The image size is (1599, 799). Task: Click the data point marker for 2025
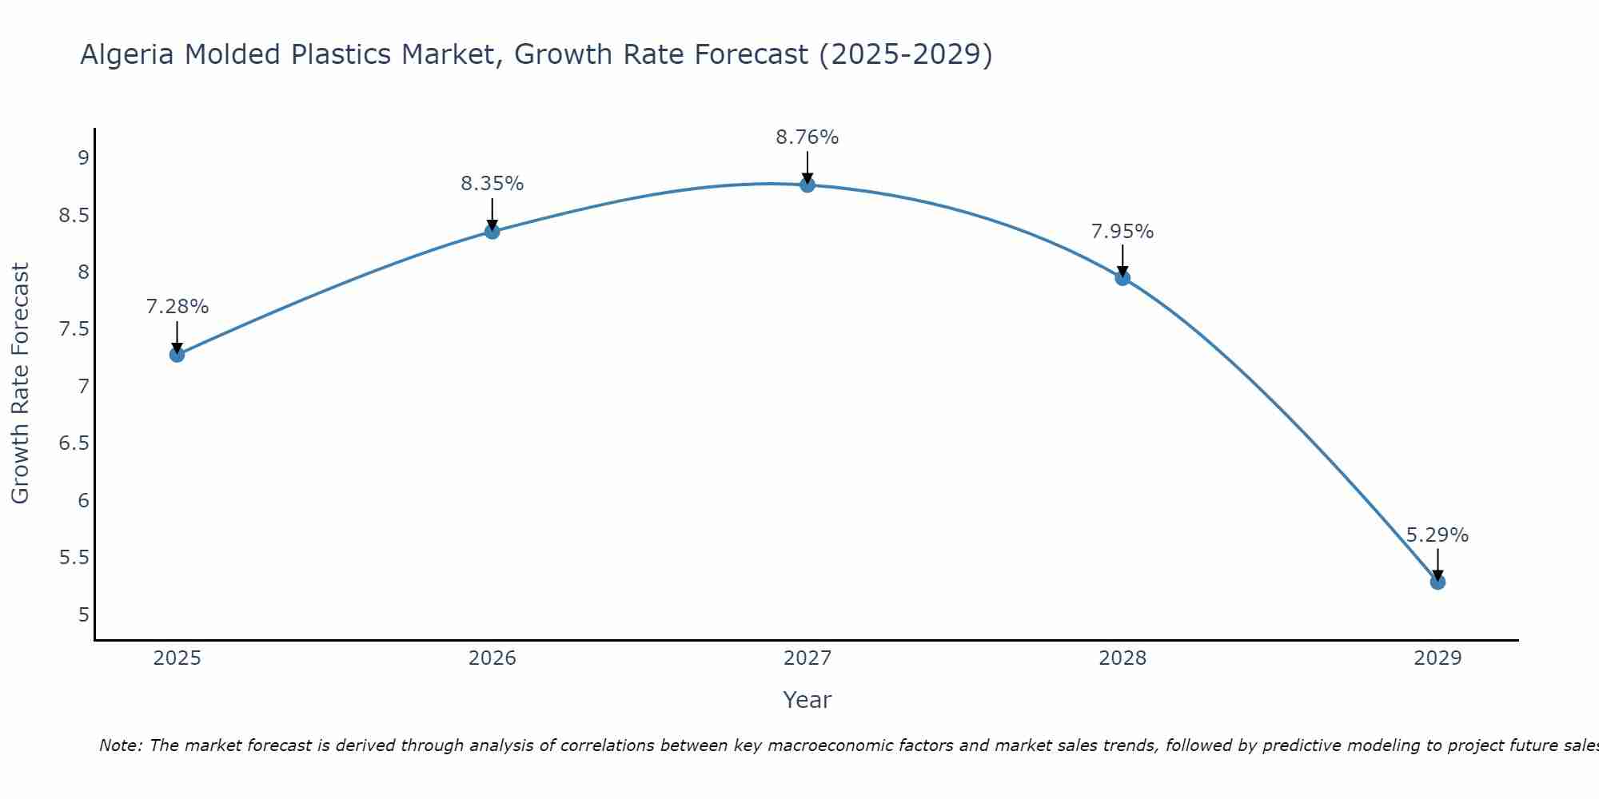[177, 355]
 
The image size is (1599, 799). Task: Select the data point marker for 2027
[807, 185]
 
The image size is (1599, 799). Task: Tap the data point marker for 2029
[1438, 582]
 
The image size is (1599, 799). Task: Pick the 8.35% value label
[492, 184]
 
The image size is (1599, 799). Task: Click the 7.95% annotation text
[1122, 232]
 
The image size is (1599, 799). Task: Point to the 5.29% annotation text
[1437, 535]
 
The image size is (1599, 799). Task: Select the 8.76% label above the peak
[807, 137]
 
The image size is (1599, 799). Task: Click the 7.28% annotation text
[177, 307]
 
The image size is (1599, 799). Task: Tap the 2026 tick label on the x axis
[492, 658]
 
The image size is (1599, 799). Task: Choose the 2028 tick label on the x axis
[1122, 658]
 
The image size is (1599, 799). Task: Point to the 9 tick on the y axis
[83, 157]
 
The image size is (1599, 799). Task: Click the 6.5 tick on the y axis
[74, 443]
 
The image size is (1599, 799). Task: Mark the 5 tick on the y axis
[83, 614]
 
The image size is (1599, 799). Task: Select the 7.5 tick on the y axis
[74, 329]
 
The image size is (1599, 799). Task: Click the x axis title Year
[807, 700]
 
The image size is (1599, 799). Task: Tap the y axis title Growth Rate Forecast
[20, 384]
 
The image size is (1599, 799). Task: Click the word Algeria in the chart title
[127, 54]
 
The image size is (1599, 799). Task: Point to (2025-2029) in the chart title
[905, 54]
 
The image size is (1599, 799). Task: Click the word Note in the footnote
[120, 745]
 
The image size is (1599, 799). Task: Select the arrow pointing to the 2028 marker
[1122, 260]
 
